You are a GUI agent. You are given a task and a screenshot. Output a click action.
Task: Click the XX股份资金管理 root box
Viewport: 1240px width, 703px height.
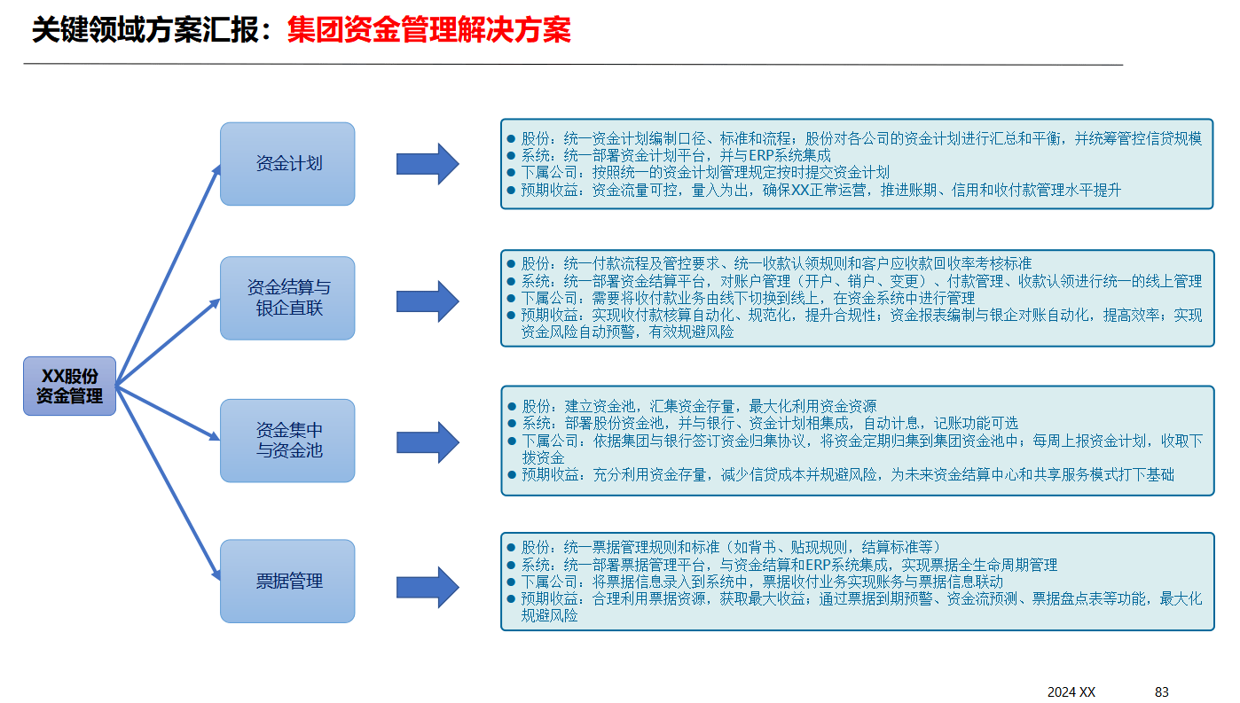pos(69,386)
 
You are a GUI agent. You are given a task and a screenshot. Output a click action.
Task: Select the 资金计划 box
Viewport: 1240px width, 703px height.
pos(287,164)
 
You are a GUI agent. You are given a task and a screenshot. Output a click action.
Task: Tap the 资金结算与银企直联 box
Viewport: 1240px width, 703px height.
pos(287,298)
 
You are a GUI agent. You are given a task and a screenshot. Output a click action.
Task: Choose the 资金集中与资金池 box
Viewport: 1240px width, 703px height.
pos(287,441)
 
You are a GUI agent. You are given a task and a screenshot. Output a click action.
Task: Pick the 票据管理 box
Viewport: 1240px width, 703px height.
pos(287,582)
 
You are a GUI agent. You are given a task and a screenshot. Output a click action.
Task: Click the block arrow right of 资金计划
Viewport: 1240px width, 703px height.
pos(427,164)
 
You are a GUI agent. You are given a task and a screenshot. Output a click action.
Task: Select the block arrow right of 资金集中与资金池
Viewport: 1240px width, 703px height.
pos(427,441)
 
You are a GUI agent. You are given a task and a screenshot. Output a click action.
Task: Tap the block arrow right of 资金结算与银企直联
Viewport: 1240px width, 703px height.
pos(427,301)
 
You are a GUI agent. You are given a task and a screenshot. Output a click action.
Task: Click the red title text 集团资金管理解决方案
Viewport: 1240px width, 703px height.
pos(428,31)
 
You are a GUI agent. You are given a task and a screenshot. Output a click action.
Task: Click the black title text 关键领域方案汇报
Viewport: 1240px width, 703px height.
pos(151,31)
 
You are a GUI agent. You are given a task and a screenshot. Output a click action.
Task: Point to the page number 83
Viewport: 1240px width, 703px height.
pos(1162,691)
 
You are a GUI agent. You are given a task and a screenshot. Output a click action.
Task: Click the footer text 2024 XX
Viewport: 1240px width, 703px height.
pos(1071,691)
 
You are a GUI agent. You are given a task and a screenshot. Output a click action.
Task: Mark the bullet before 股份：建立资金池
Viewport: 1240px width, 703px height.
pos(511,406)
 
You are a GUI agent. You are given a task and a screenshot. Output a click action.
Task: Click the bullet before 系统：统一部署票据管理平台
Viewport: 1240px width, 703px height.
pos(511,565)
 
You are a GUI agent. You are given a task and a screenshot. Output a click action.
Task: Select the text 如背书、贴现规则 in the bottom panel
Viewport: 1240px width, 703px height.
pos(792,547)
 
